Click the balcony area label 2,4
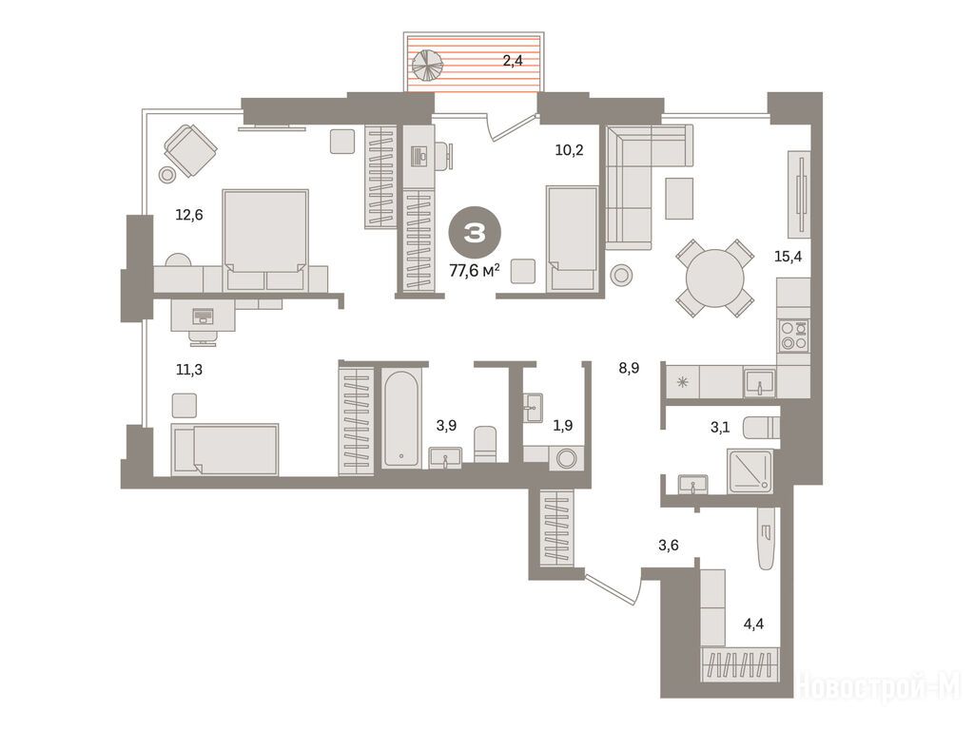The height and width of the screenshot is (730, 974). [513, 61]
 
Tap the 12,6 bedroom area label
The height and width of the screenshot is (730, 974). [189, 215]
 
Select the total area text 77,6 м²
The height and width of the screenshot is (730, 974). [476, 271]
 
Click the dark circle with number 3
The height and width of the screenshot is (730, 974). [476, 233]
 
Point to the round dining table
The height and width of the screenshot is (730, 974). [715, 278]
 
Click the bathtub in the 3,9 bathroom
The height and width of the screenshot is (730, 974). [400, 418]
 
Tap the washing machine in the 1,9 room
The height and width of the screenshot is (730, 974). [567, 459]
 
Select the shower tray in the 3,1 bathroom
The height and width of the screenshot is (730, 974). [750, 471]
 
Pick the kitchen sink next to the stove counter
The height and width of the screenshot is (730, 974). [760, 381]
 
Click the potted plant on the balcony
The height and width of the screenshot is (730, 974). [427, 65]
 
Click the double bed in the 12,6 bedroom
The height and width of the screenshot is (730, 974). [266, 240]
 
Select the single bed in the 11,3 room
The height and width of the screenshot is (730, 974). [224, 450]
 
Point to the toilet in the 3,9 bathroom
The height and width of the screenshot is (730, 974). [486, 444]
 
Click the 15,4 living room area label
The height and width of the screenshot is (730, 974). [788, 256]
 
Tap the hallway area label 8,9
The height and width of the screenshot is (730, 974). [629, 368]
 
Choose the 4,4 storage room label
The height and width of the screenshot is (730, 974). [753, 624]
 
